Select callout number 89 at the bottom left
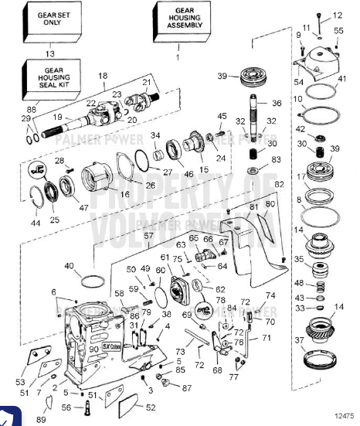tap(41, 418)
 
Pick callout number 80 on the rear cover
tap(270, 205)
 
